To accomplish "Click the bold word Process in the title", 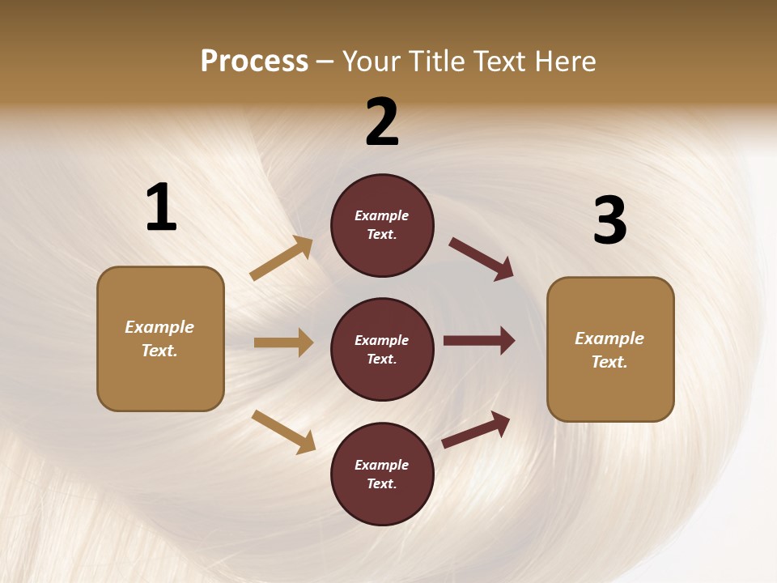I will [x=254, y=62].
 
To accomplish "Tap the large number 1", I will [x=161, y=208].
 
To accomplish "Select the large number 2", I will [x=382, y=122].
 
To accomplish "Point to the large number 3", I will [x=609, y=221].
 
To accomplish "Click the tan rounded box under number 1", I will [x=160, y=338].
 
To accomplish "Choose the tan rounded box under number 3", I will [x=610, y=349].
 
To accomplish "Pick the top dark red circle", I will [x=382, y=225].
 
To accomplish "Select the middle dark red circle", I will [x=382, y=349].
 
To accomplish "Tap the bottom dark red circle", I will [x=382, y=474].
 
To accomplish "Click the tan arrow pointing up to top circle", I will [x=282, y=258].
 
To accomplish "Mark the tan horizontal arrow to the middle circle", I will [x=283, y=343].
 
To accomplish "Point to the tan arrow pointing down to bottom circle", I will [x=283, y=432].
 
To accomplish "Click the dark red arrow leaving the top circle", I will [x=482, y=258].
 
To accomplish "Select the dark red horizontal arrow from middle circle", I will [x=479, y=340].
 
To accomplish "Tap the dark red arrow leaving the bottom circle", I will [x=477, y=428].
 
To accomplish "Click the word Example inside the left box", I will [x=159, y=327].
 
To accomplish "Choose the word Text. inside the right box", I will [x=609, y=362].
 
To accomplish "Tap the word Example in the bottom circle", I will [x=382, y=465].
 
